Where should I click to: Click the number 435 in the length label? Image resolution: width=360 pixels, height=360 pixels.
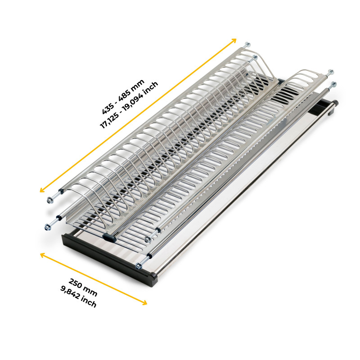(x=108, y=108)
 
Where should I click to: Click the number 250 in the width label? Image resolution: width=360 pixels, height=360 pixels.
(x=75, y=283)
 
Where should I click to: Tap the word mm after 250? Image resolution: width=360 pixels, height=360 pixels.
(x=90, y=291)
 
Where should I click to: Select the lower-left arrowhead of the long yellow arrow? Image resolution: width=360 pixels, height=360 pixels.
(x=42, y=189)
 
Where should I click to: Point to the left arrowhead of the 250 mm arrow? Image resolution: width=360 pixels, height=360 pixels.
(x=43, y=254)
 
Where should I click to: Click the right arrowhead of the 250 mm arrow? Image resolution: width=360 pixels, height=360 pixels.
(x=144, y=303)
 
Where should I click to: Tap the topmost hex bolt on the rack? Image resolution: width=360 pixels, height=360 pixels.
(x=247, y=44)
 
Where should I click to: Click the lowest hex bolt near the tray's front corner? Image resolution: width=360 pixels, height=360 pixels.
(x=139, y=266)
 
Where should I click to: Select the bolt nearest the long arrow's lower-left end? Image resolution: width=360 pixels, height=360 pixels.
(x=49, y=200)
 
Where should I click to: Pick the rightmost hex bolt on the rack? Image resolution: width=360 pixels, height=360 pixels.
(x=333, y=84)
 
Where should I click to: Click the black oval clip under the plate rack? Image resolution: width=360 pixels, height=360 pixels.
(x=109, y=238)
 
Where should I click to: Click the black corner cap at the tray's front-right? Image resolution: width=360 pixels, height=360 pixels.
(x=153, y=279)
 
